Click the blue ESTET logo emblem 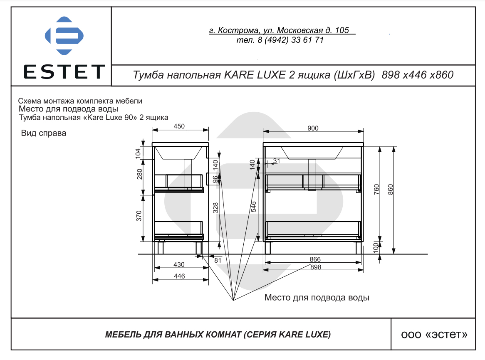(64, 35)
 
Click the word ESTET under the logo (64, 72)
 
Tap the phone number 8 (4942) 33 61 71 (290, 40)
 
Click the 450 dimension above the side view (179, 126)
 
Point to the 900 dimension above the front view (313, 128)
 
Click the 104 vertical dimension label (138, 153)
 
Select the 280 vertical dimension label (139, 174)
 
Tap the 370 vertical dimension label (139, 216)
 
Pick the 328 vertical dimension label (215, 208)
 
